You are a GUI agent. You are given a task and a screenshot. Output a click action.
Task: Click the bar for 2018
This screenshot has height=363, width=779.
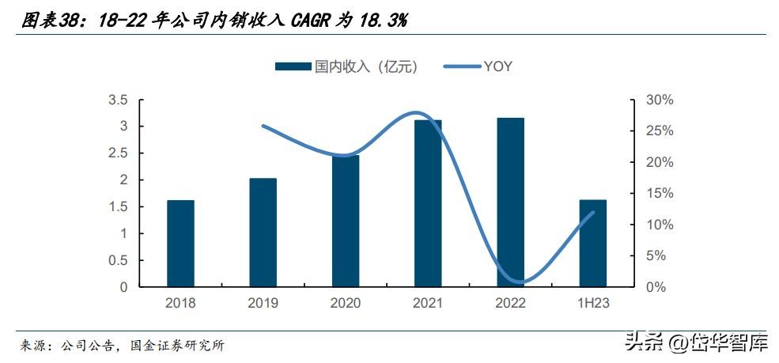pos(180,244)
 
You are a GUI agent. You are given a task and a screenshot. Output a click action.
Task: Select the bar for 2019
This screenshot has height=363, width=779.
pos(263,233)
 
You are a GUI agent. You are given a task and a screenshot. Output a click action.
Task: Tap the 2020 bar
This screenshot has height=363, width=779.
pos(345,221)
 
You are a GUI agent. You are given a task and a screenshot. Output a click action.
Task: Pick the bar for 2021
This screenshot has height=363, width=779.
pos(428,203)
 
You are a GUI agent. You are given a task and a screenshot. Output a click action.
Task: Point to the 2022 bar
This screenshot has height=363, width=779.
pos(510,202)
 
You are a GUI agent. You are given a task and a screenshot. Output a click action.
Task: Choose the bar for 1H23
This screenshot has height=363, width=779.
pos(592,244)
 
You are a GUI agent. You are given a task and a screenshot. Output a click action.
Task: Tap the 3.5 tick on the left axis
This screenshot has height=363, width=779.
pos(118,100)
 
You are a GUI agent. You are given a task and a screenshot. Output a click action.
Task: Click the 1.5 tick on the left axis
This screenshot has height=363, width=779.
pos(118,206)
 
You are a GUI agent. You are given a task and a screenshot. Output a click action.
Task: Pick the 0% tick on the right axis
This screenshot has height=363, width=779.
pos(656,287)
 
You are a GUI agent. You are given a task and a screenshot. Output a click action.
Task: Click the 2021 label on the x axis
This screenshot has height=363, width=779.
pos(428,303)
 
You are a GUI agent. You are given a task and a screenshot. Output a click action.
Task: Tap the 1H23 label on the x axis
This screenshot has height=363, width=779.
pos(592,303)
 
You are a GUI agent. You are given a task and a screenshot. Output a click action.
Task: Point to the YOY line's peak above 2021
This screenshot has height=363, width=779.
pos(419,113)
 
